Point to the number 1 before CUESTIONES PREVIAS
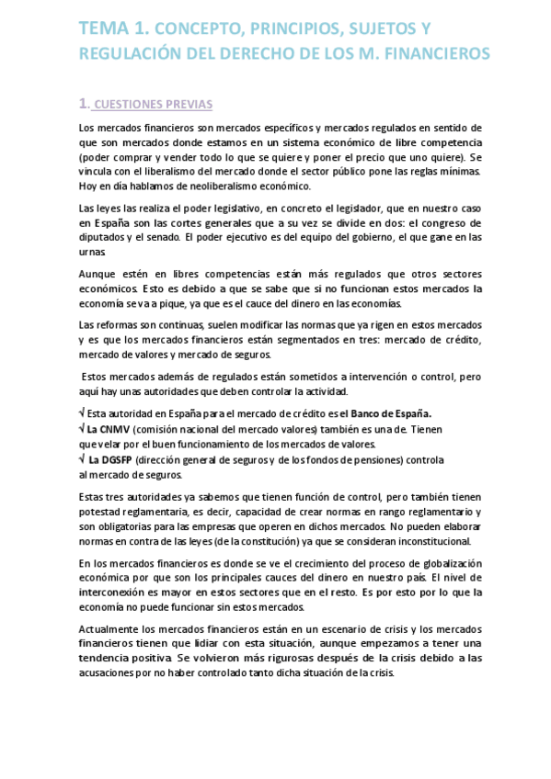click(x=84, y=103)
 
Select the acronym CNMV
click(x=117, y=428)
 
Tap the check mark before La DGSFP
click(x=83, y=459)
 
